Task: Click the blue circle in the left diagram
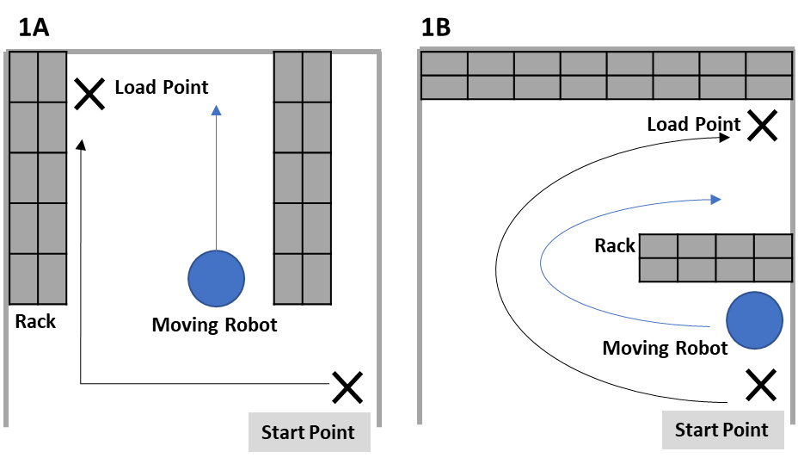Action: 216,278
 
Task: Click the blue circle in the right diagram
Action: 754,320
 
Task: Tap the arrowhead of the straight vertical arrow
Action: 216,109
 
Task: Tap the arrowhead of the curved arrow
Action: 715,200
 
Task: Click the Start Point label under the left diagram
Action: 308,432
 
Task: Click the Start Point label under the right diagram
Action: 721,430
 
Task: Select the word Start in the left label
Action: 283,432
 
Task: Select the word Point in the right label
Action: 745,430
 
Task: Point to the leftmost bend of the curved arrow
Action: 542,263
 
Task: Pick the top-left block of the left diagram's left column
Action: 23,77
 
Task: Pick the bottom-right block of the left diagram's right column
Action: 316,278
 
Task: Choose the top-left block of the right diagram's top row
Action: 444,64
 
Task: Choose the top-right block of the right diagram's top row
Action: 769,64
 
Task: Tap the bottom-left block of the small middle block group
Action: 659,269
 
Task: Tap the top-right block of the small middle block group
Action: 773,246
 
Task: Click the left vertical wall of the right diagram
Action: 420,258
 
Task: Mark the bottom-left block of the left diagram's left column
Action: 23,278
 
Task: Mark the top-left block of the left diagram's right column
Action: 288,77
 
